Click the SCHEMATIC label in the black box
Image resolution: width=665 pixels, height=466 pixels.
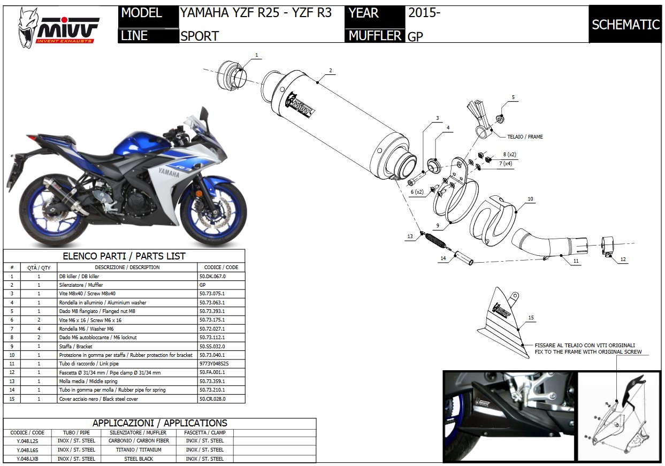tap(625, 25)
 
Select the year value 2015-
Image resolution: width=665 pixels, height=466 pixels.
tap(424, 13)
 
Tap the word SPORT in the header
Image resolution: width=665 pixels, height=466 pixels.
tap(200, 36)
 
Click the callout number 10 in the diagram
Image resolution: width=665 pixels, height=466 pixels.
tap(530, 199)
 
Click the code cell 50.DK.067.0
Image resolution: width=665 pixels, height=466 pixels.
tap(212, 276)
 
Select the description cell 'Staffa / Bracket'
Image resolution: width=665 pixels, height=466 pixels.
tap(77, 346)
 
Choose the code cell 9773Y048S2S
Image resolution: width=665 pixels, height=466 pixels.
tap(214, 364)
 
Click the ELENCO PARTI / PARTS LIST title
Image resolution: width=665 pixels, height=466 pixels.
tap(124, 256)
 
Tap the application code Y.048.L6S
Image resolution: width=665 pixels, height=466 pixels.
tap(27, 450)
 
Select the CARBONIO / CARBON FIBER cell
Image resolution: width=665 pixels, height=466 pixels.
tap(139, 441)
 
